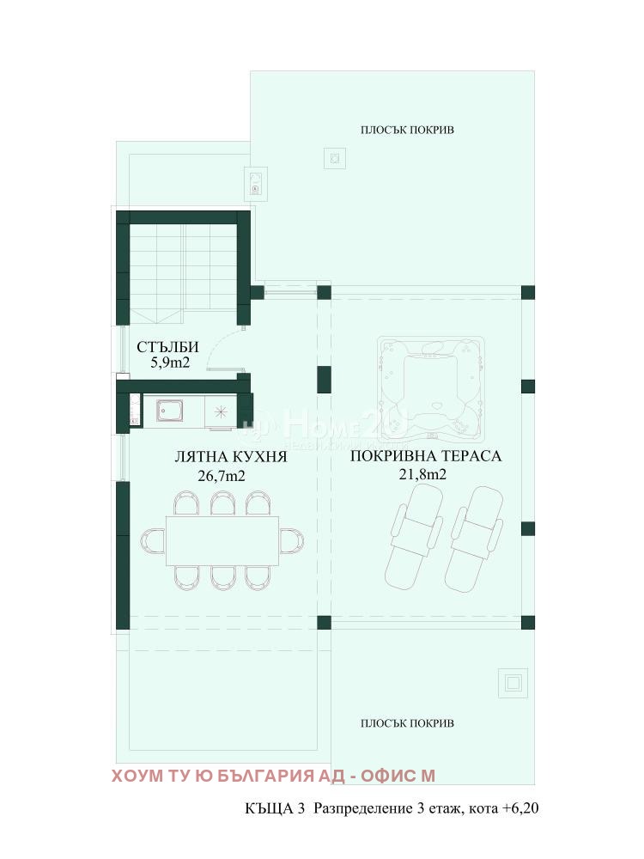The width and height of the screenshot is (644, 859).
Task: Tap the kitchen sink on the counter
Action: pos(170,411)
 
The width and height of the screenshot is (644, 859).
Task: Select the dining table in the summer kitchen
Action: pos(222,540)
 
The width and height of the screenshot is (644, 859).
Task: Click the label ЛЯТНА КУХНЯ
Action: pos(230,457)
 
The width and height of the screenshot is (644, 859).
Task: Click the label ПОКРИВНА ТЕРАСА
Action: pos(426,456)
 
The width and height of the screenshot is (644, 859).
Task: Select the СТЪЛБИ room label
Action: pos(168,347)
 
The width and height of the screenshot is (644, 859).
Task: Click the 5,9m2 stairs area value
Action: pos(169,363)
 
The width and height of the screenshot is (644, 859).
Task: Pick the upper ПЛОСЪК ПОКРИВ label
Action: pos(407,130)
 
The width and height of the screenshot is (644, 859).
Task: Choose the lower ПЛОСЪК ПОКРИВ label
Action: pos(407,722)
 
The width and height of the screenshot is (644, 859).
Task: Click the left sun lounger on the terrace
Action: pos(416,532)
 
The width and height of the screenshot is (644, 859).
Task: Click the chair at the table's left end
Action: pos(153,540)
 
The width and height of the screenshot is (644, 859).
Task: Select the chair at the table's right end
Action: pos(291,540)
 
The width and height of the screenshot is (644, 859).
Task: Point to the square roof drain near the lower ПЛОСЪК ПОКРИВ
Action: pos(513,683)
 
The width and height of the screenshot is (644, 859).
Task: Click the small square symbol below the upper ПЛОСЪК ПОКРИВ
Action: pos(335,158)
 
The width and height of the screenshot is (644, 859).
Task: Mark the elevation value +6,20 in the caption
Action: pos(520,808)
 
